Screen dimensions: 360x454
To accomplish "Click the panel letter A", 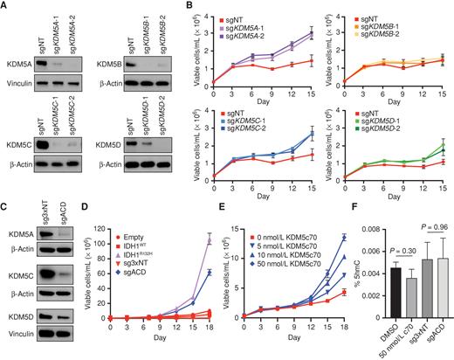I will click(x=5, y=6).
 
